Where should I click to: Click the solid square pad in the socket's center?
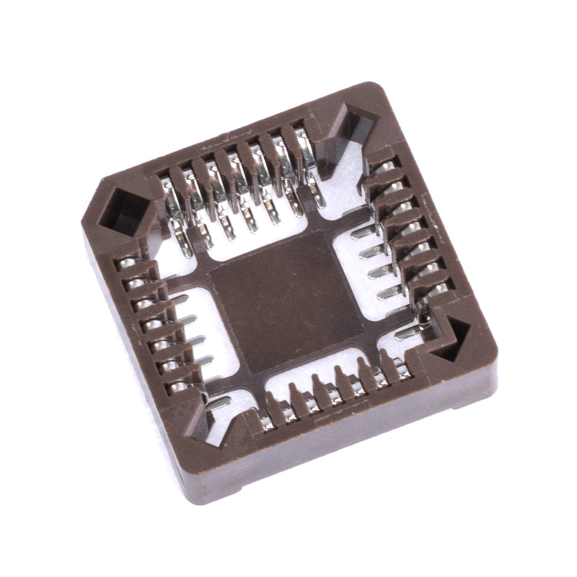click(x=287, y=301)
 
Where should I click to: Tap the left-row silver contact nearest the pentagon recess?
click(x=128, y=265)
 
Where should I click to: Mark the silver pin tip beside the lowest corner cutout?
click(x=219, y=404)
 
